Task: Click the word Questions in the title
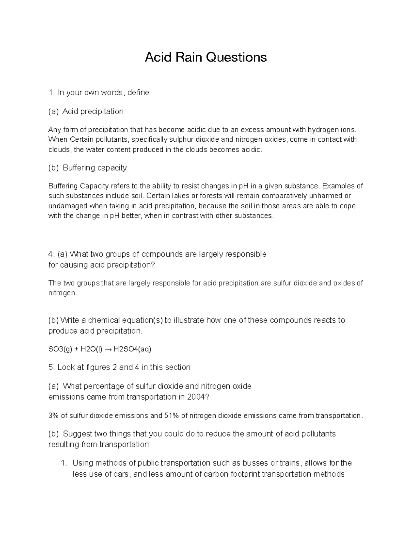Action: pos(236,57)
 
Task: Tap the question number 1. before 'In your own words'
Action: pos(51,92)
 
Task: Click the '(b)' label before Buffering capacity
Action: pos(54,168)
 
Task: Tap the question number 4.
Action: pos(51,254)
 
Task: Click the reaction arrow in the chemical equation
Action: pos(107,349)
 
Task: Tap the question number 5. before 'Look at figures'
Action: pos(51,368)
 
